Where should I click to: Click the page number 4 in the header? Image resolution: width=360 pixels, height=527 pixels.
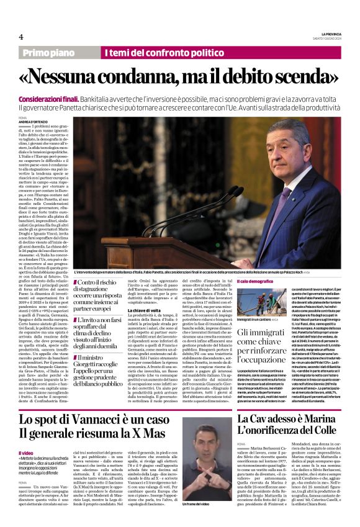pyautogui.click(x=21, y=37)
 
